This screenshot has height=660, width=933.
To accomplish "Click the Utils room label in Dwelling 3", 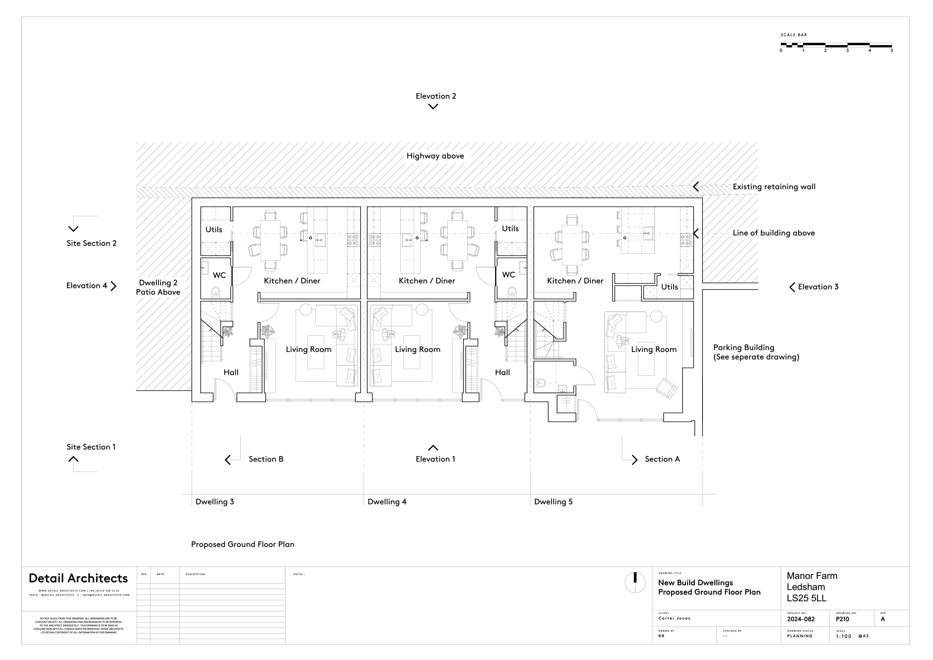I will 214,229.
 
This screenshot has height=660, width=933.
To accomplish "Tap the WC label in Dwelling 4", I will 508,275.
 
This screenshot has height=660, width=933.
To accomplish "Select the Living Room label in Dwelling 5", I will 653,349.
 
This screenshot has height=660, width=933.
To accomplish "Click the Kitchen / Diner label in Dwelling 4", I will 427,281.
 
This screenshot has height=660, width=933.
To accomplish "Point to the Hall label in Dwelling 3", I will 231,372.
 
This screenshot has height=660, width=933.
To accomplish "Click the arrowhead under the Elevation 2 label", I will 433,106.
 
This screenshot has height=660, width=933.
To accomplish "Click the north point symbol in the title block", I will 635,582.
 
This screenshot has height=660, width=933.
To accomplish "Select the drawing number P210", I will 842,619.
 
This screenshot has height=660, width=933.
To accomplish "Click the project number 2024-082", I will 800,619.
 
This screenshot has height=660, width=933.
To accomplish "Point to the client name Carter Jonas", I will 674,618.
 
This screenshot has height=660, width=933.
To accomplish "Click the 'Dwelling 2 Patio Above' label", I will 158,287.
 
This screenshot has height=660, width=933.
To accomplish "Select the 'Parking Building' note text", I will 744,347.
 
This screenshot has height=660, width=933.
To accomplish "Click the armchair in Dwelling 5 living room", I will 666,388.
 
